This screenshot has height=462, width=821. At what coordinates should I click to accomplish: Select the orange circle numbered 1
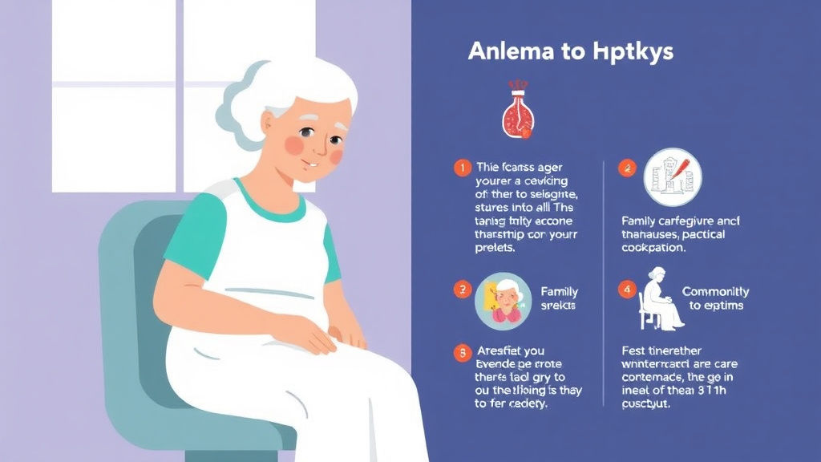pos(461,168)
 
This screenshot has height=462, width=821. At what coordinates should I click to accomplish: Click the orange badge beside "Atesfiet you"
pos(461,351)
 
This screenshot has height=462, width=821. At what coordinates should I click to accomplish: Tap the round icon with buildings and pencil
pos(672,177)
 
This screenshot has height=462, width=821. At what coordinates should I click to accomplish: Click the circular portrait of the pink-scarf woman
pos(503,302)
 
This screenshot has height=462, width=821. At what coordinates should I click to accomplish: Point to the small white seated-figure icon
pos(660,298)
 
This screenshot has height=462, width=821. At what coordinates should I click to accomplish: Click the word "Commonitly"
pos(715,292)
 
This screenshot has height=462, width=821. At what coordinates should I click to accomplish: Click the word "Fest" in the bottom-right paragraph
pos(633,351)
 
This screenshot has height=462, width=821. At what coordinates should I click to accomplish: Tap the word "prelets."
pos(495,248)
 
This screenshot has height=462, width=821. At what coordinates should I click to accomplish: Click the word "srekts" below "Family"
pos(559,306)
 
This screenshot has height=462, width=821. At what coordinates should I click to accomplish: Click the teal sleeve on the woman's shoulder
pos(192,233)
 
